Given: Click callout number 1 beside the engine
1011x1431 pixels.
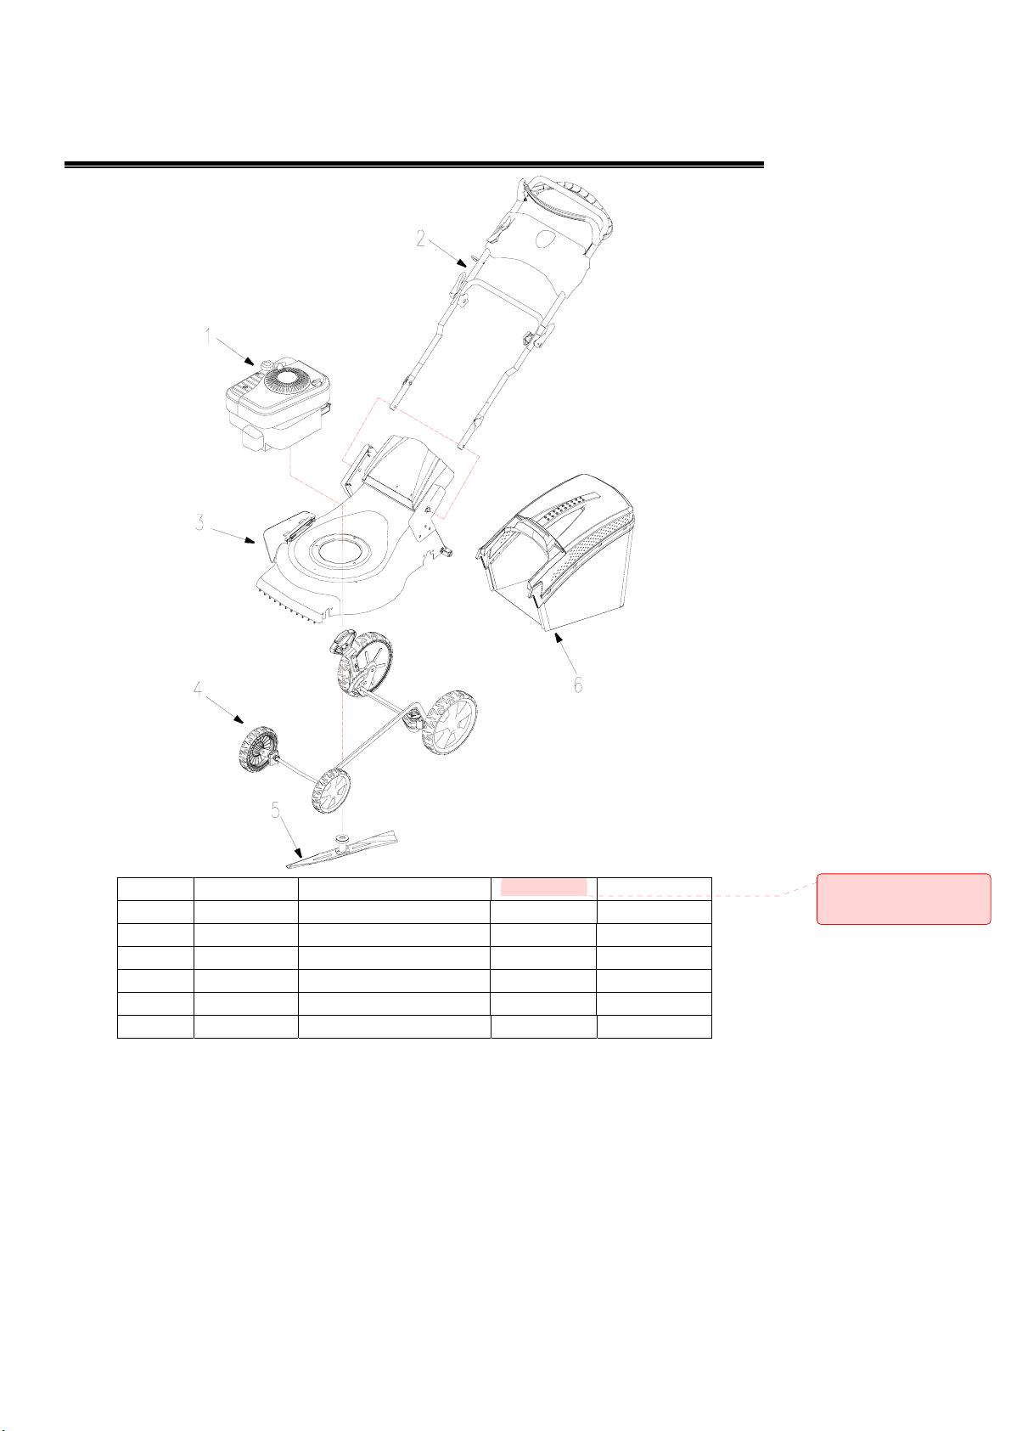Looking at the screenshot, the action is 209,336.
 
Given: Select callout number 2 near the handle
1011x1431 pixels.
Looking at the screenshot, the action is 420,239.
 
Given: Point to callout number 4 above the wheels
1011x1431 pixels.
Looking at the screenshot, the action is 199,690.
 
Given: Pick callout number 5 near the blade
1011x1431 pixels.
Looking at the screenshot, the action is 275,810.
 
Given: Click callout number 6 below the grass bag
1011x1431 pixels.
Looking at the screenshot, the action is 577,685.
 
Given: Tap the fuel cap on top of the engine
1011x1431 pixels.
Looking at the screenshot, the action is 265,363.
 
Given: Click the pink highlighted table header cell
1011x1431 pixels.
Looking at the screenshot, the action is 543,887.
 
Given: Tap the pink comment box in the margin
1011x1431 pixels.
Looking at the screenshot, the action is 904,899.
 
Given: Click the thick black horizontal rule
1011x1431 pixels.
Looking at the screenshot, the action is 414,165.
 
